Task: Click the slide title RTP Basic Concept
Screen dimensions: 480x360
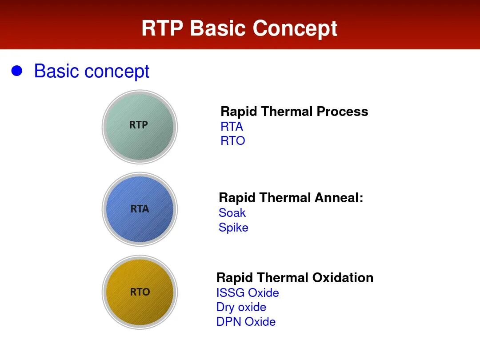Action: tap(240, 28)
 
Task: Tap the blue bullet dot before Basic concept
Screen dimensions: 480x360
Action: tap(17, 71)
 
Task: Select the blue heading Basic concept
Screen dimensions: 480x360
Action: tap(92, 72)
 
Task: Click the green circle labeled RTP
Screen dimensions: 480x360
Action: tap(140, 127)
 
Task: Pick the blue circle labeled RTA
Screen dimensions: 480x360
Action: tap(140, 209)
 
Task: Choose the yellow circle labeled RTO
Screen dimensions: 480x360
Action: tap(140, 292)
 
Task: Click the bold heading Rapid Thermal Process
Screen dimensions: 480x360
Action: tap(294, 112)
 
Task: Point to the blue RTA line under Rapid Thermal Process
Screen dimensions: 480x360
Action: tap(232, 126)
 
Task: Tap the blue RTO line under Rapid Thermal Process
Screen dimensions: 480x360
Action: tap(233, 141)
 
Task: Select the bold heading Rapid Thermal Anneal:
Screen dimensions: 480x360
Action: tap(291, 198)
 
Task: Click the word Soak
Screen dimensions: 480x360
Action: tap(232, 213)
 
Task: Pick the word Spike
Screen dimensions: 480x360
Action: tap(233, 228)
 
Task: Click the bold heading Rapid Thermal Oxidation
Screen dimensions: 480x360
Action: tap(295, 278)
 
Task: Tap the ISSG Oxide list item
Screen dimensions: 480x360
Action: tap(248, 292)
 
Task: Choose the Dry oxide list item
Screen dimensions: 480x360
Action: tap(241, 308)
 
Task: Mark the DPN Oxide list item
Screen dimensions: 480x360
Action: tap(246, 322)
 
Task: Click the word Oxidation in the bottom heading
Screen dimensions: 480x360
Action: tap(343, 278)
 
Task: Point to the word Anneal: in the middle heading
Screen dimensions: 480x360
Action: tap(339, 198)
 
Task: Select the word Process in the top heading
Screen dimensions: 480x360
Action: tap(343, 112)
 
